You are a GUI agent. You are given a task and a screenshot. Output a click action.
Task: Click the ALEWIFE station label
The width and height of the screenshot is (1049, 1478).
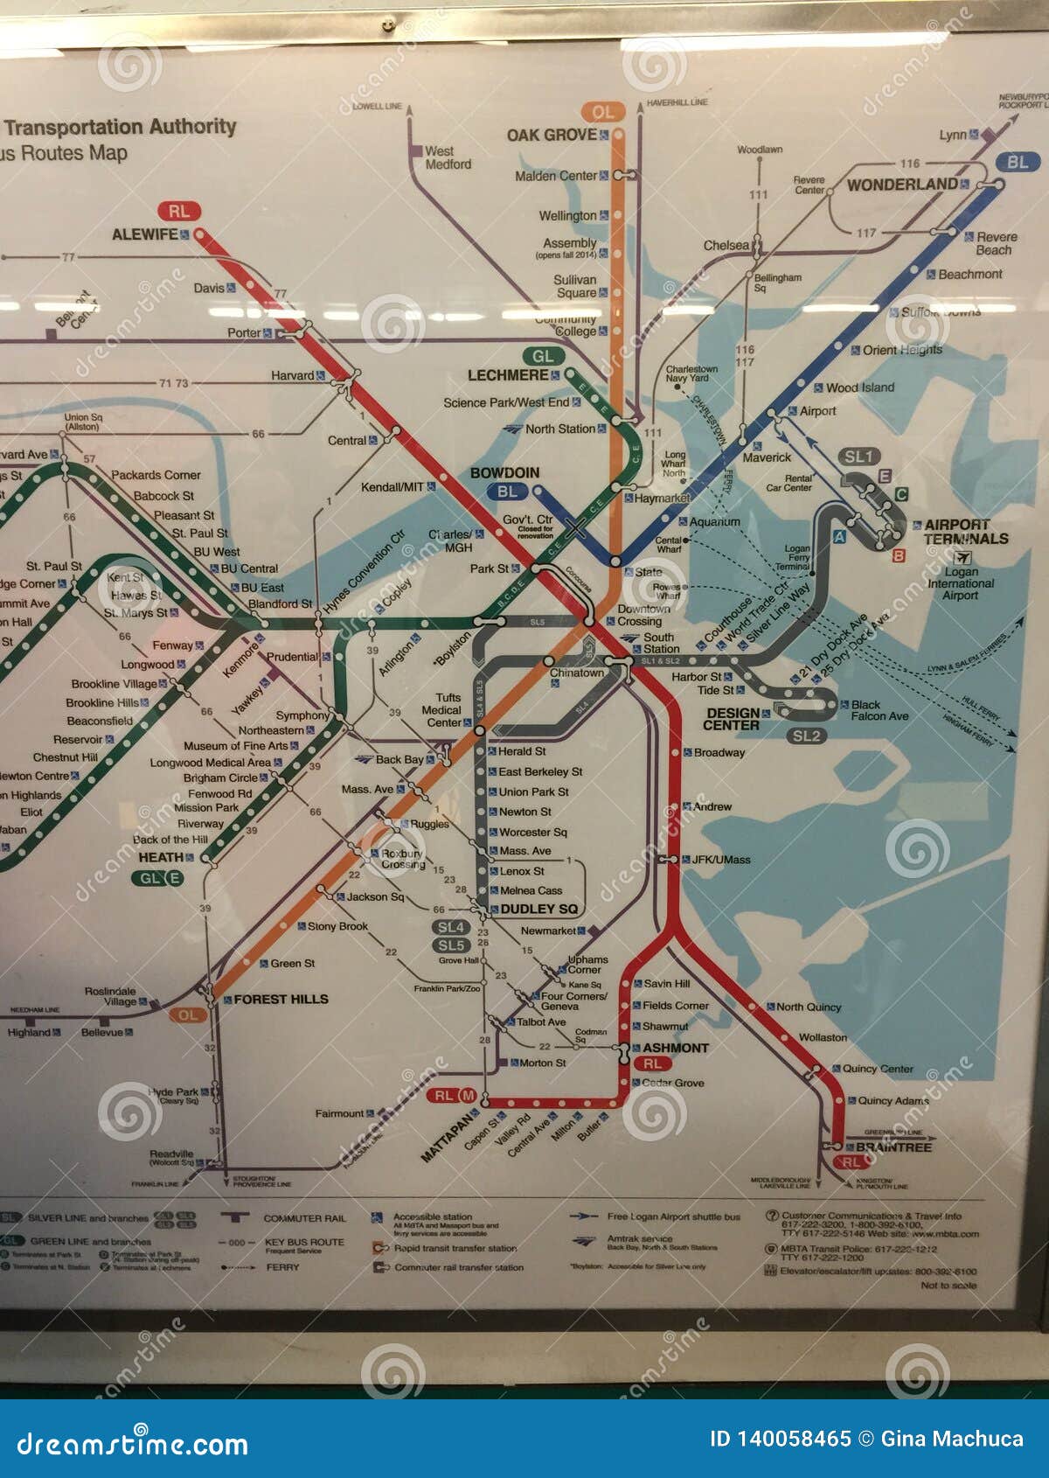[x=144, y=234]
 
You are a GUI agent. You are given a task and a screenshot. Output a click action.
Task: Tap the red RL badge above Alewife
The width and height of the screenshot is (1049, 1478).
[x=179, y=211]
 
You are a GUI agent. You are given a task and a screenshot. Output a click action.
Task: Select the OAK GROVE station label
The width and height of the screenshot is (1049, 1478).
[x=552, y=135]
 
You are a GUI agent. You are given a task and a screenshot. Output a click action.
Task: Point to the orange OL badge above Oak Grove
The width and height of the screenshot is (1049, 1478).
[x=602, y=112]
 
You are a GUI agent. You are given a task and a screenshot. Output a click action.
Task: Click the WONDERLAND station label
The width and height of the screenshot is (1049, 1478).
[x=902, y=185]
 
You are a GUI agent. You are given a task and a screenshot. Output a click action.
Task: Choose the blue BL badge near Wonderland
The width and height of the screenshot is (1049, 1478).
[x=1017, y=162]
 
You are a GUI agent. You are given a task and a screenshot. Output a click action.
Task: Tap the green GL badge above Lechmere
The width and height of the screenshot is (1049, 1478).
[x=543, y=356]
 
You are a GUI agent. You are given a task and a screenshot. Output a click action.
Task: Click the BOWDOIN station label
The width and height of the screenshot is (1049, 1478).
[x=504, y=473]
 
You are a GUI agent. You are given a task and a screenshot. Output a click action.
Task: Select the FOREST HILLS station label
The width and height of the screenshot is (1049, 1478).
[x=281, y=999]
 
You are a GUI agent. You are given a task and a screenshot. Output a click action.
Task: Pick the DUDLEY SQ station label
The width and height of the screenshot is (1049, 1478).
[x=538, y=909]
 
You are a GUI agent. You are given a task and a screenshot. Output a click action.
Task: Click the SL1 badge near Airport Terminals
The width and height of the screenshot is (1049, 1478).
[x=858, y=457]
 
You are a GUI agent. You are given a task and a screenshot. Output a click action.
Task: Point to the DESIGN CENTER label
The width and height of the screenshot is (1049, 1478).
[x=733, y=719]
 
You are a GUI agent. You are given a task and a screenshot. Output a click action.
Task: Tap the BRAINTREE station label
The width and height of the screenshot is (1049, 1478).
[x=893, y=1147]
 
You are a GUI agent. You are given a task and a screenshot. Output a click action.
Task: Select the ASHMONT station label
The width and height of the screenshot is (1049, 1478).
[x=675, y=1048]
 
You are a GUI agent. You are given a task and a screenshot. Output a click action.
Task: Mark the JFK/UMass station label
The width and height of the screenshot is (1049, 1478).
[x=721, y=860]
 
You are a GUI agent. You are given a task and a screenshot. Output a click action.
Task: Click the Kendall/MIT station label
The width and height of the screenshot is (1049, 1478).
[x=393, y=487]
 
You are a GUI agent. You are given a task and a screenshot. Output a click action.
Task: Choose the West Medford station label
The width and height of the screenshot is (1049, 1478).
[x=448, y=157]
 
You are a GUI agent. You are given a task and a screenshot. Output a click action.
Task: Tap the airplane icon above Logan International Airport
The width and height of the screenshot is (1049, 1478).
[x=963, y=557]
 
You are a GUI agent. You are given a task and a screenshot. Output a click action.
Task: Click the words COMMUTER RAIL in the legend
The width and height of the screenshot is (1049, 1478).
[x=304, y=1218]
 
